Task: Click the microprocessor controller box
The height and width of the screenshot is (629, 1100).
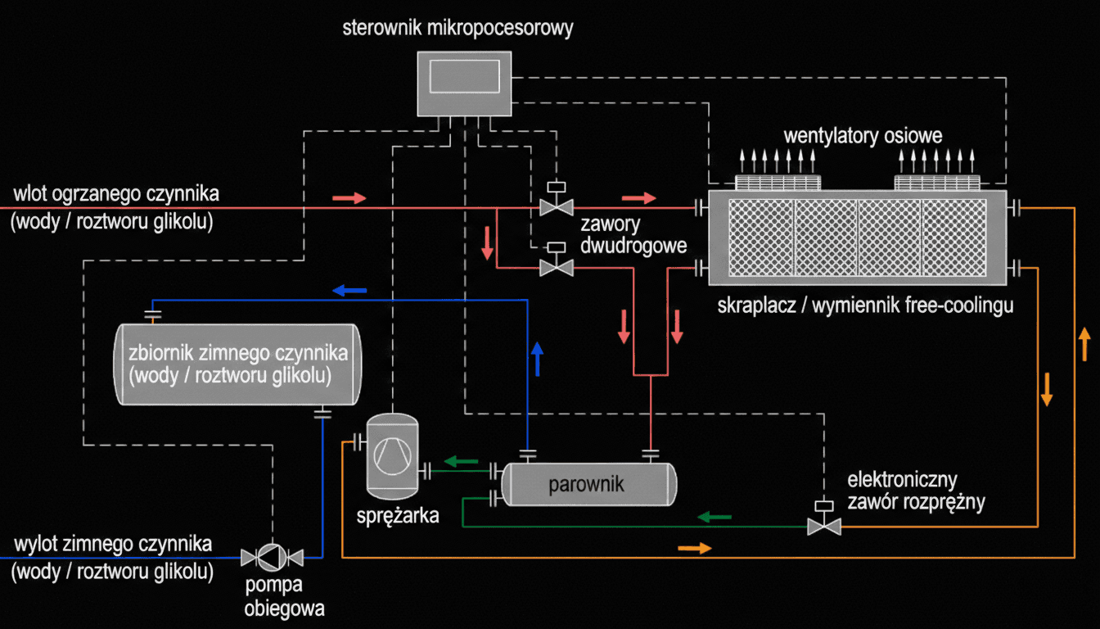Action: pos(464,84)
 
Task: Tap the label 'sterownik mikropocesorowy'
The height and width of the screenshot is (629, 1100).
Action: pos(458,29)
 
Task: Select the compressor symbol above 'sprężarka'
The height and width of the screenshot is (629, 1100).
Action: pos(391,455)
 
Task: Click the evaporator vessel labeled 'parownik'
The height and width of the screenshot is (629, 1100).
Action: pos(588,484)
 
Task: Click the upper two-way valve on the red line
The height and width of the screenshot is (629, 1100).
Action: pos(557,205)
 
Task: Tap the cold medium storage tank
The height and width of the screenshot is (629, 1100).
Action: pos(237,364)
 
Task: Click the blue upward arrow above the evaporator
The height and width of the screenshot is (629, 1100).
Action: pos(537,359)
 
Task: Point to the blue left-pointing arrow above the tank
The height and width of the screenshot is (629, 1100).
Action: pos(349,289)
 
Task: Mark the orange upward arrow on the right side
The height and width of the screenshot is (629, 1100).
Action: pos(1084,345)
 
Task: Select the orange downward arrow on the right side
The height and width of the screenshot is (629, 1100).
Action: pos(1046,389)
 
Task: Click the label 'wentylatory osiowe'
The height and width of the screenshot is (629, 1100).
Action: pos(863,135)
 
